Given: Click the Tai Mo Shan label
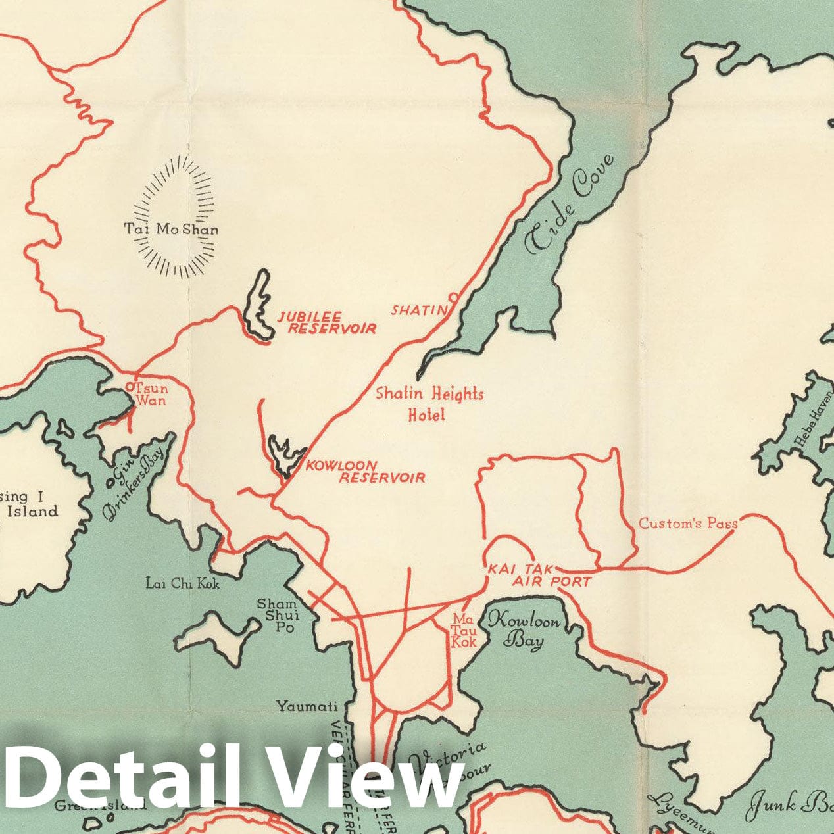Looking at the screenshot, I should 171,230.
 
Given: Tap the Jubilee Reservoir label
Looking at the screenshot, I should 326,322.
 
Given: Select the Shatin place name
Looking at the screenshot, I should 419,309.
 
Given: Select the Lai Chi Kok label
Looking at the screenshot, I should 183,583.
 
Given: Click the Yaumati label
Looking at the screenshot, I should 307,706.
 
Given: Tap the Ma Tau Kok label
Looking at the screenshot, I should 464,630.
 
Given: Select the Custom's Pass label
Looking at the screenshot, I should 688,524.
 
